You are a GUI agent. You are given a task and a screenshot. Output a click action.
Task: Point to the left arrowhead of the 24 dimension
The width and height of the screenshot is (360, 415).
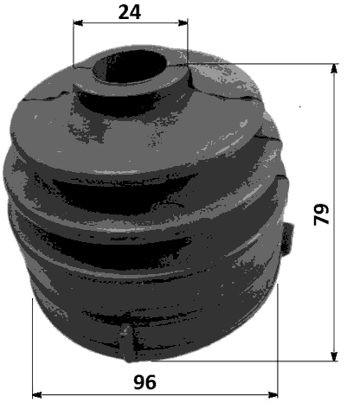click(x=78, y=23)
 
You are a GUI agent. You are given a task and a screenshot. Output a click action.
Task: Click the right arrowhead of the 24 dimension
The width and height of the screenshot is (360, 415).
click(x=183, y=23)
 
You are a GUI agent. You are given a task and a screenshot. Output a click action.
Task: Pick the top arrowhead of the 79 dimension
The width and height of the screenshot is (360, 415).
click(x=335, y=67)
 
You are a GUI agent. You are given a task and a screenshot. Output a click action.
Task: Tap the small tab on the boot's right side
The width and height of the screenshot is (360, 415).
click(x=289, y=234)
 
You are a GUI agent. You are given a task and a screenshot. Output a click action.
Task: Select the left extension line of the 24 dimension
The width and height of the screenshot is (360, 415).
click(x=74, y=43)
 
